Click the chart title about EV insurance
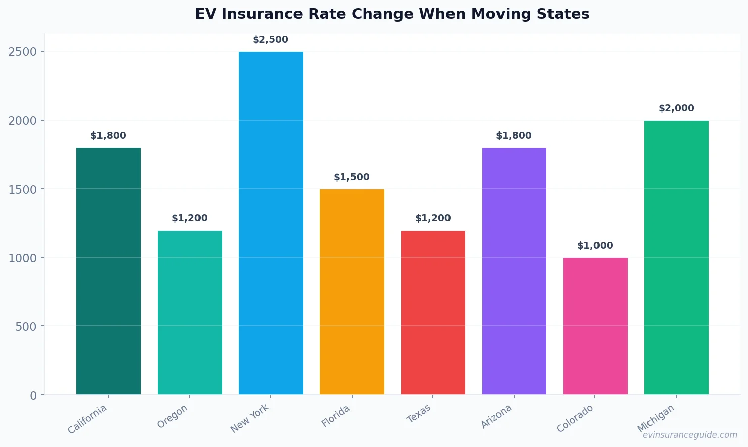point(392,14)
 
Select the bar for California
point(109,271)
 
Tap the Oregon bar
point(189,312)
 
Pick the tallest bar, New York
point(271,223)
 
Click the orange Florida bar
point(352,292)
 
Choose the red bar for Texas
point(433,312)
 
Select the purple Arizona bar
point(514,271)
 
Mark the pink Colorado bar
point(595,326)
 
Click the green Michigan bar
point(676,257)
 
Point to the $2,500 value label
point(271,40)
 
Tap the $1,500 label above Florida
point(352,177)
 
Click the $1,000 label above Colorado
point(595,246)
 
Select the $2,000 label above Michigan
point(676,108)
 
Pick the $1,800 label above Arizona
point(514,136)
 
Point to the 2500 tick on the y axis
point(23,52)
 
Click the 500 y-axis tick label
point(26,326)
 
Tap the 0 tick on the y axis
point(33,395)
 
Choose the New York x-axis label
point(250,418)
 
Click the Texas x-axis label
point(419,413)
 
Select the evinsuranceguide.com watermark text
point(690,435)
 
